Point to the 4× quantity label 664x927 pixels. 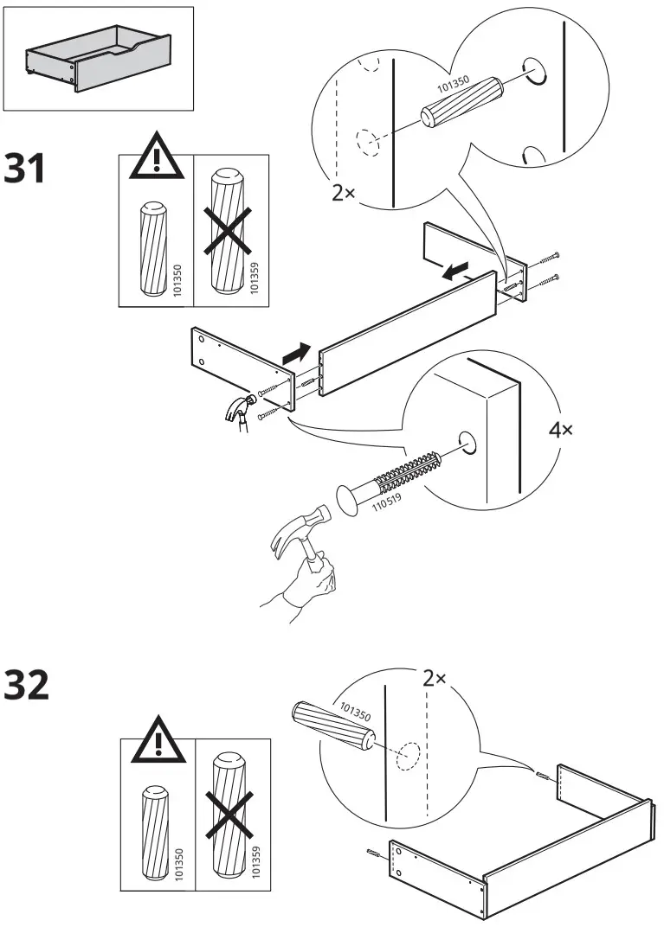[x=561, y=430]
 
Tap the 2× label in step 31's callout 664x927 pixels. [x=344, y=193]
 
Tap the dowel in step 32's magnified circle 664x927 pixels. [x=332, y=723]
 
